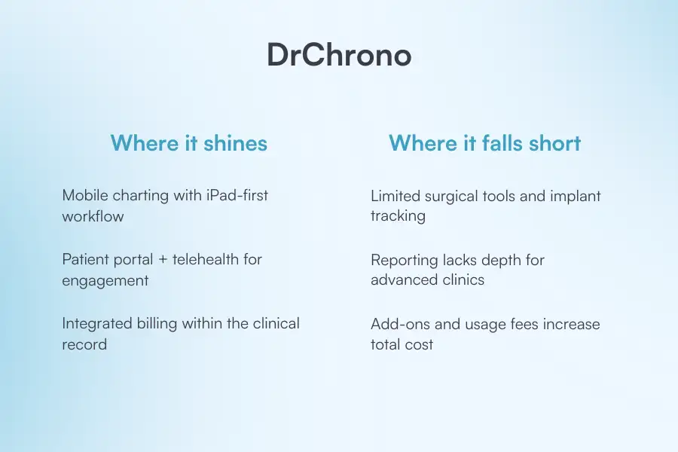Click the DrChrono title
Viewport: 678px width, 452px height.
(x=339, y=56)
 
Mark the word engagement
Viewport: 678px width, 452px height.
(x=105, y=280)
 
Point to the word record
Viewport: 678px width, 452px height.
(x=84, y=344)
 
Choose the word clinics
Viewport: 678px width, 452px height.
(x=461, y=280)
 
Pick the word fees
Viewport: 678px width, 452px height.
(x=526, y=324)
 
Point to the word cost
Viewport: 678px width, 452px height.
(x=419, y=344)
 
